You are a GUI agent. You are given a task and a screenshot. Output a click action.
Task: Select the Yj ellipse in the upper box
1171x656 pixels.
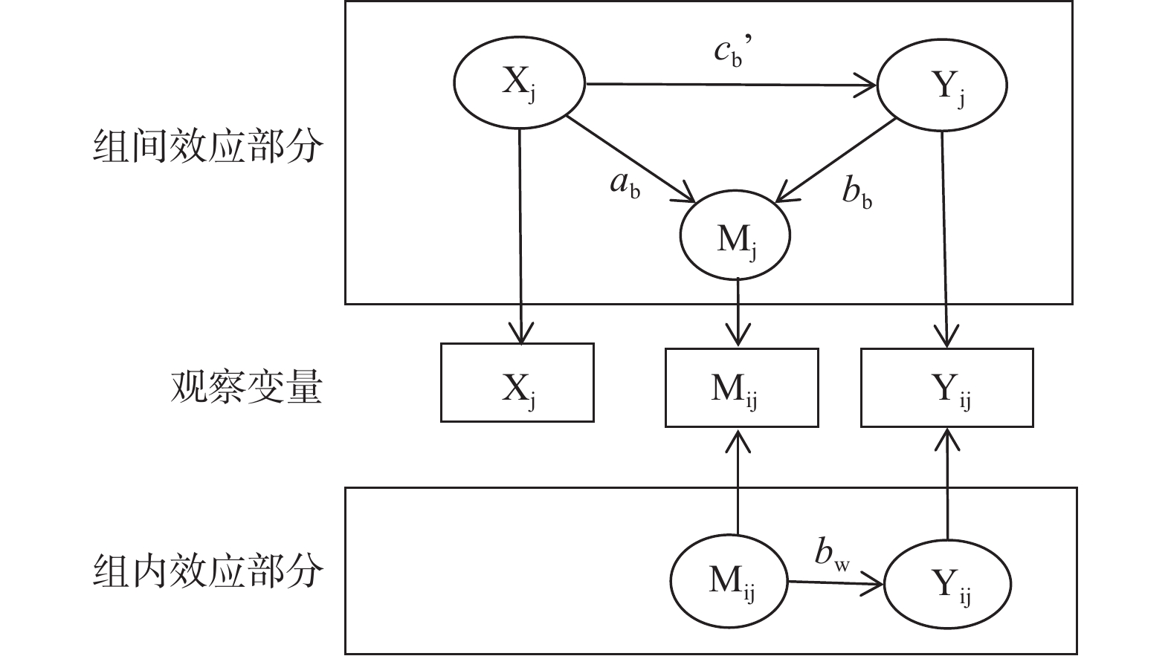click(x=942, y=85)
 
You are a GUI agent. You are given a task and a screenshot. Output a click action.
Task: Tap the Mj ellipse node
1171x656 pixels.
click(x=735, y=236)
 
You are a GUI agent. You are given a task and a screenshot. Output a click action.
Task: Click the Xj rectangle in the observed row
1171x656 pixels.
click(x=517, y=383)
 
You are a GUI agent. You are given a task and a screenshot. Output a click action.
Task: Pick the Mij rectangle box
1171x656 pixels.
click(x=741, y=388)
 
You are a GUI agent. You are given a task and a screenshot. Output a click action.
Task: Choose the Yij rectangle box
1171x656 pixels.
click(x=946, y=388)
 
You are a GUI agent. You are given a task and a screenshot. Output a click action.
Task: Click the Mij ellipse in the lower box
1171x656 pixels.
click(x=728, y=580)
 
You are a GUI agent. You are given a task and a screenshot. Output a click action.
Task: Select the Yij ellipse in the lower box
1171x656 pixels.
click(x=947, y=584)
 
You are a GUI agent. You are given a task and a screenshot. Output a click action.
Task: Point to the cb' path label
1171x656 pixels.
click(x=732, y=52)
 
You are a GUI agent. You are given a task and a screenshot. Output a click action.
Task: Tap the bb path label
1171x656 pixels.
click(x=857, y=192)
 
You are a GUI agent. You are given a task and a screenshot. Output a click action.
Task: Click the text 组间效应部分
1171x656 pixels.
click(x=207, y=146)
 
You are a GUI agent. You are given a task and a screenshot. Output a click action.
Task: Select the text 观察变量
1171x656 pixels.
click(x=246, y=387)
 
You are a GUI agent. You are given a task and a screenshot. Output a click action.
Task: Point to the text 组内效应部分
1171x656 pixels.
click(x=207, y=571)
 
